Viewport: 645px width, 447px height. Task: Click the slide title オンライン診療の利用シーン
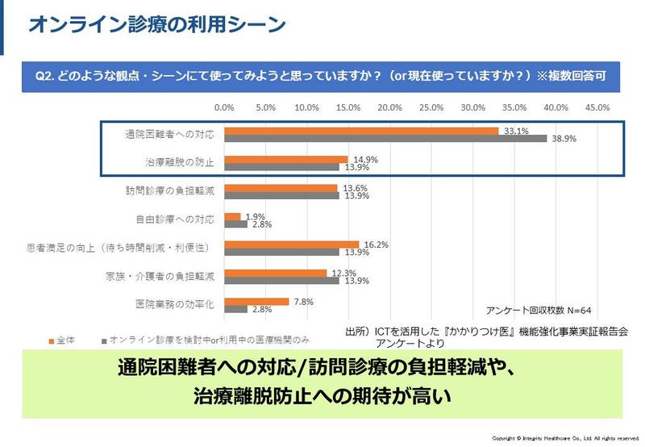[x=157, y=25]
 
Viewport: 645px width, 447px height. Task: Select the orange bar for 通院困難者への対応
[x=361, y=130]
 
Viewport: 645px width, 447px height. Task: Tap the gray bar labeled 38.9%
[x=385, y=138]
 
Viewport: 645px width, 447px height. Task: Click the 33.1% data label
[x=515, y=130]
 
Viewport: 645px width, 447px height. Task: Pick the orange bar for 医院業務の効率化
[x=256, y=301]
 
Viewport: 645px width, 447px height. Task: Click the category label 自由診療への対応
[x=174, y=218]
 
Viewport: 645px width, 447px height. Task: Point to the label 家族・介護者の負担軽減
[x=166, y=276]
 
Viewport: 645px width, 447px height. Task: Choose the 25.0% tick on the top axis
[x=432, y=107]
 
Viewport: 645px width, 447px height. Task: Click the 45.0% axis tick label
[x=598, y=107]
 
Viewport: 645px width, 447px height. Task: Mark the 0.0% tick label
[x=224, y=107]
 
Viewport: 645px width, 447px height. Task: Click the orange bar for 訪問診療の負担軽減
[x=281, y=187]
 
